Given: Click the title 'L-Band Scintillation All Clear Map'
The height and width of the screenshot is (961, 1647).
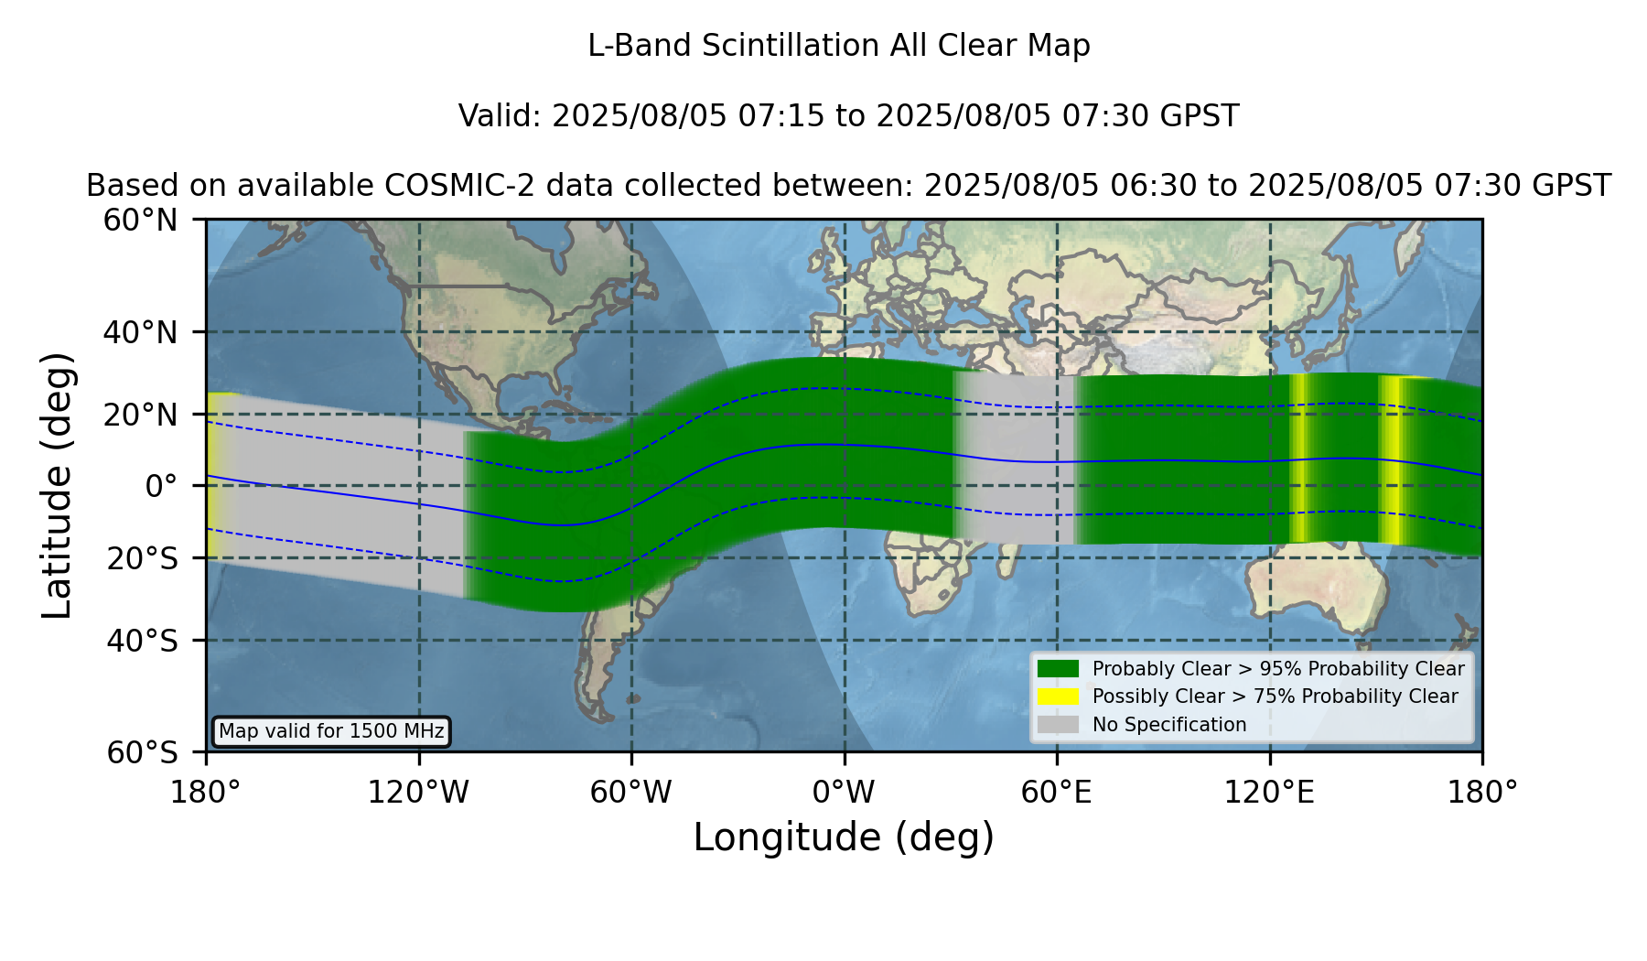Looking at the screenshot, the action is pos(838,46).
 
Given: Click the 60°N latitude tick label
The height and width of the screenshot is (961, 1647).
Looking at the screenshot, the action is pos(141,221).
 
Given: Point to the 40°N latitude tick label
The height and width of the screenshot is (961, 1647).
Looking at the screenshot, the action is pos(141,332).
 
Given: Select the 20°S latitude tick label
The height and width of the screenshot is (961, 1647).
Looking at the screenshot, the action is pos(143,558).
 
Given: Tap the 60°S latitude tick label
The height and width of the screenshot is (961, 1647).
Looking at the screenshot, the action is pos(143,753).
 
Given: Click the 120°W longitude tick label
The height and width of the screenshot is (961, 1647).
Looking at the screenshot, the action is pos(418,793).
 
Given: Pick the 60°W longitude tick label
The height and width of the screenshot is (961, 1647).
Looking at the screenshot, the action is pos(631,793).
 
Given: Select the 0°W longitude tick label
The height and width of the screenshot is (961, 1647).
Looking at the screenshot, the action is pos(844,793).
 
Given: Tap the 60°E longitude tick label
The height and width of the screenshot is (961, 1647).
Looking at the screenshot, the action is pos(1057,793).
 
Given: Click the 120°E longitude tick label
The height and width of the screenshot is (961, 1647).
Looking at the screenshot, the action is pos(1269,793).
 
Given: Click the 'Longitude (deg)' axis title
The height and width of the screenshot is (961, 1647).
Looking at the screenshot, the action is pos(844,837).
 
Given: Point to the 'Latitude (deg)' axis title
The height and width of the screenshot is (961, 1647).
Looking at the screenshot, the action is pos(57,485).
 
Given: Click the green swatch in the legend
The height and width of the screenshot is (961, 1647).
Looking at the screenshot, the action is pos(1058,669).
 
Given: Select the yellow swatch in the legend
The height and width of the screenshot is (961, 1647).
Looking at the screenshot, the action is pos(1058,696).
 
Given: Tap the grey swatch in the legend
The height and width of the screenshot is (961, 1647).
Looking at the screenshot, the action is pos(1058,725).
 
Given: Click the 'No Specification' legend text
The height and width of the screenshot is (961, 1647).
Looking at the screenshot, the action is pos(1169,725).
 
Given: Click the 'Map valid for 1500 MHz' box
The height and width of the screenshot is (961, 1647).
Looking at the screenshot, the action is pos(331,731).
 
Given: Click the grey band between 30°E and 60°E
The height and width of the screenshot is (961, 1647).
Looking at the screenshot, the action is pos(1014,459).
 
